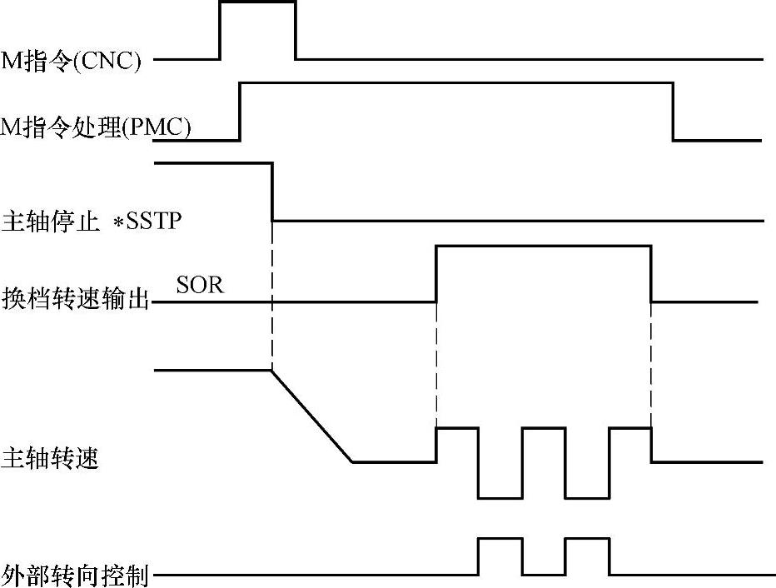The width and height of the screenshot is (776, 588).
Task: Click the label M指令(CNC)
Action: click(x=71, y=61)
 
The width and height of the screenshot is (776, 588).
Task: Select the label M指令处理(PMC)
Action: click(x=97, y=129)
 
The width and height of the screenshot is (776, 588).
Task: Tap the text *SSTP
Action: click(x=148, y=222)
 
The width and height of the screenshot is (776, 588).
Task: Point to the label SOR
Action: click(x=201, y=285)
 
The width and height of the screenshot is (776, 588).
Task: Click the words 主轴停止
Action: click(x=50, y=222)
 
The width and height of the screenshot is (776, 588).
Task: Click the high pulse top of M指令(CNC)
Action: click(x=257, y=2)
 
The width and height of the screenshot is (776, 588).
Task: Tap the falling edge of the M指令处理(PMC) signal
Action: click(x=673, y=112)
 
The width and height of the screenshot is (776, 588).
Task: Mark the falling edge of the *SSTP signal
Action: click(x=273, y=192)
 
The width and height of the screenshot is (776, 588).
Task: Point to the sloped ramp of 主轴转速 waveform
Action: click(x=312, y=416)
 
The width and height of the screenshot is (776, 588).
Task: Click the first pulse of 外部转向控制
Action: click(x=500, y=540)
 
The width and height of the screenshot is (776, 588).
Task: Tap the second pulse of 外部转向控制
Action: click(x=587, y=540)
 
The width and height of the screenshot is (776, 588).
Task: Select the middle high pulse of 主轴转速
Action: click(x=544, y=428)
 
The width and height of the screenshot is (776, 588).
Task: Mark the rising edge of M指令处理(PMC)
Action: click(x=241, y=112)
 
